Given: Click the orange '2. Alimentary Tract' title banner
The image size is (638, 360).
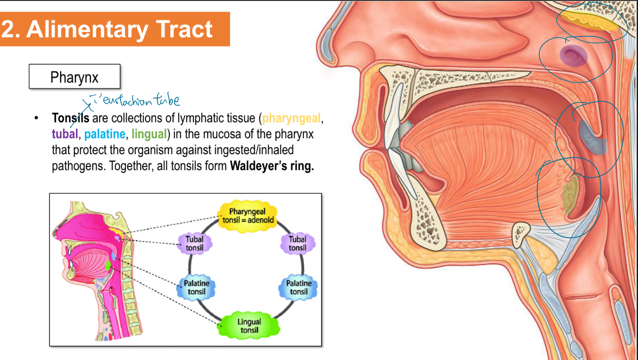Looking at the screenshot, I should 114,29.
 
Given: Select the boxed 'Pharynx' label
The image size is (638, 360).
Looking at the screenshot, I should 74,77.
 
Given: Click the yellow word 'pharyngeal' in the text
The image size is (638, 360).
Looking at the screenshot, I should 291,118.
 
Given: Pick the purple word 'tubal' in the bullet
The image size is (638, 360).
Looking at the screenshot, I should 65,134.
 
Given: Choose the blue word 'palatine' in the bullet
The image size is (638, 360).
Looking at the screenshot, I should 105,134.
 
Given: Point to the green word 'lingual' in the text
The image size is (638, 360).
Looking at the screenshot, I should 149,134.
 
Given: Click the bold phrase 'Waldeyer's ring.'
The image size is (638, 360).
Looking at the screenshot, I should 272,166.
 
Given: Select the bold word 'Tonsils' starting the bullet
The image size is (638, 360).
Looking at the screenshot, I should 70,118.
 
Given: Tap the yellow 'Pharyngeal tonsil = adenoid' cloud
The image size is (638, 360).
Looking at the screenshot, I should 247,216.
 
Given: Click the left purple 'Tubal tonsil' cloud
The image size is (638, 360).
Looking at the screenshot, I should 194,243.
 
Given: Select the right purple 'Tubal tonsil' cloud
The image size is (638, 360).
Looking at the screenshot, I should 297,243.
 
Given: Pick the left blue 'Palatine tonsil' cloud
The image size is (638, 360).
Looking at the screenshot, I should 196,287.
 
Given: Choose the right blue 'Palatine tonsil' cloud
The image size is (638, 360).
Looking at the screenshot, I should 299,287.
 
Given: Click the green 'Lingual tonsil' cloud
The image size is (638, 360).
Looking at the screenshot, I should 249,326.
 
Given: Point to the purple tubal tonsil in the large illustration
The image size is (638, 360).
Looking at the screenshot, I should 573,56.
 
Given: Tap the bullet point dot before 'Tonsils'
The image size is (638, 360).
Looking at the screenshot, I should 36,118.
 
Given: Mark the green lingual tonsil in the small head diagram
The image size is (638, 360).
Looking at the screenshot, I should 108,267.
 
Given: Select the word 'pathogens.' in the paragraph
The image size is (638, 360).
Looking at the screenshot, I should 78,166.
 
